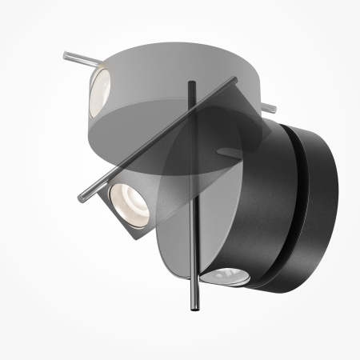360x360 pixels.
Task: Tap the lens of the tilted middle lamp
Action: click(126, 198)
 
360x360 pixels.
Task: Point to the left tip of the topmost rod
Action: click(64, 54)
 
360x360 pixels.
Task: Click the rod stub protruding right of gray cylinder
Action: click(271, 106)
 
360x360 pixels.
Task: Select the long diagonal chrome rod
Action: click(160, 136)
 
